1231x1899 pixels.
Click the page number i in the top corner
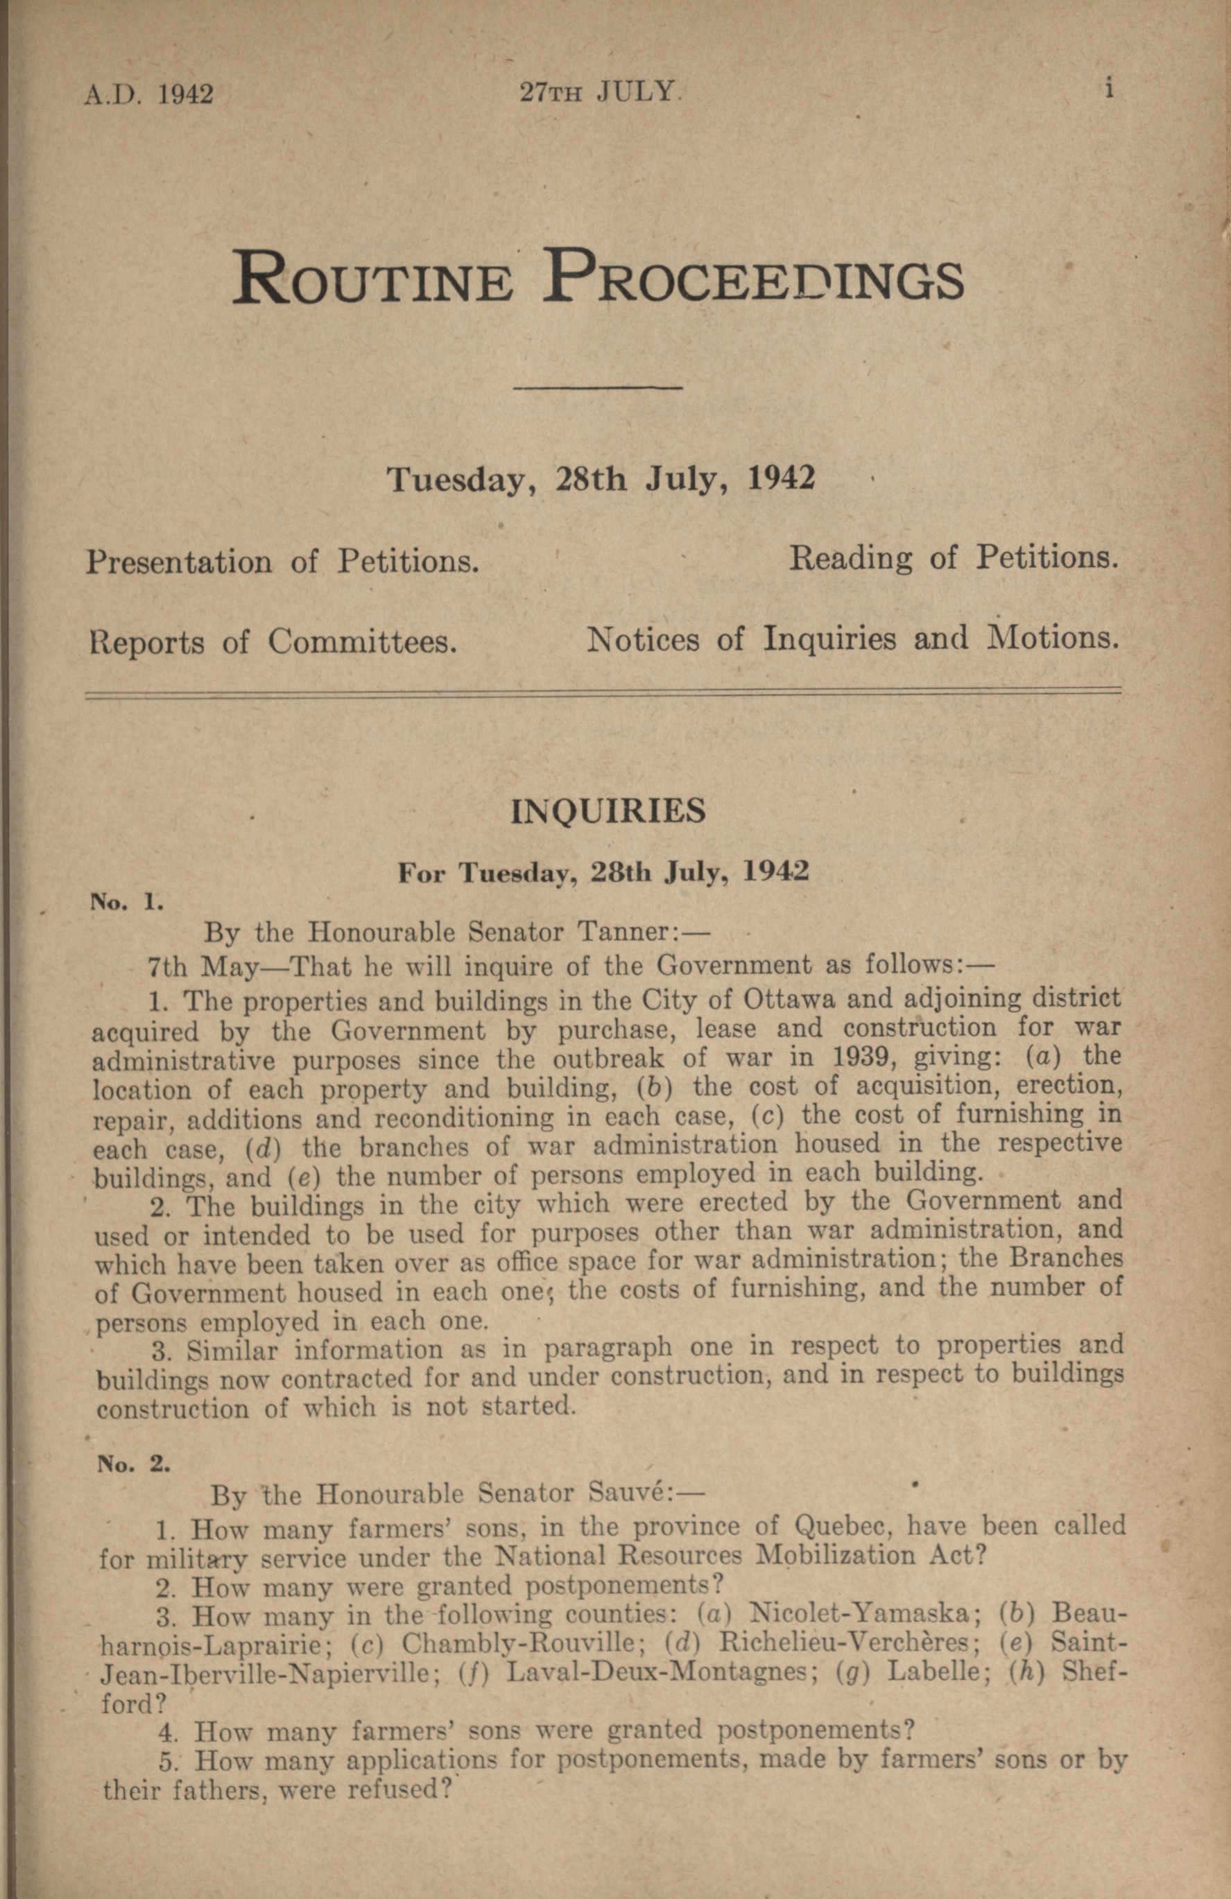coord(1109,89)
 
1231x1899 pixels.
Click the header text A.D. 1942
coord(149,94)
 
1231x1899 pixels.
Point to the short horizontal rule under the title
coord(598,388)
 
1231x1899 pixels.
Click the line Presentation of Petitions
coord(282,562)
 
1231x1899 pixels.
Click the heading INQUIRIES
coord(608,811)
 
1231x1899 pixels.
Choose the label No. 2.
coord(133,1464)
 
